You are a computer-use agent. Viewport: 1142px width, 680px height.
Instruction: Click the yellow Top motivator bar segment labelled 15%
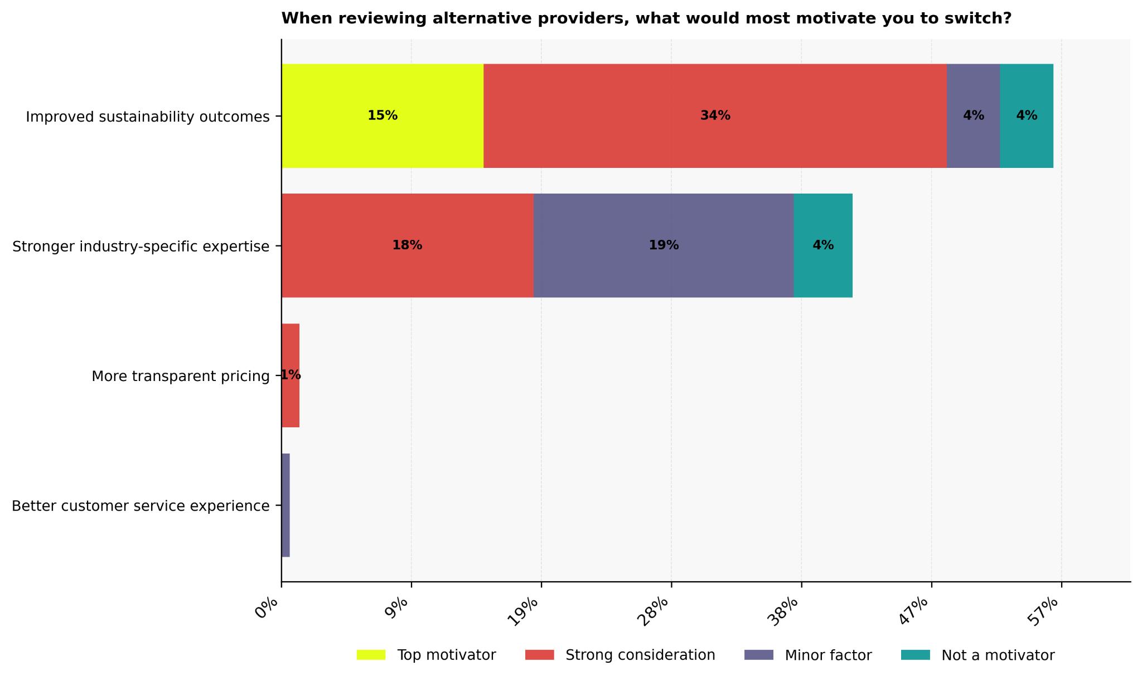383,115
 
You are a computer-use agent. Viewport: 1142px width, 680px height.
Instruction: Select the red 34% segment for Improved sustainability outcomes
715,115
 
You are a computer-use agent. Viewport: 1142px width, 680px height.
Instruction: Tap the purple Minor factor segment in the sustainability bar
973,115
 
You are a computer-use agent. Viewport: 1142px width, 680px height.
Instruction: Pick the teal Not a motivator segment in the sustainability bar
1027,115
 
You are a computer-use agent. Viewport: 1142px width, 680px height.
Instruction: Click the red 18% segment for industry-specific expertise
407,245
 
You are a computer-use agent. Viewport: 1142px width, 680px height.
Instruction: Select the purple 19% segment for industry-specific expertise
664,245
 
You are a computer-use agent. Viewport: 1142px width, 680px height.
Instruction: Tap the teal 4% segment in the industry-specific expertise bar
823,245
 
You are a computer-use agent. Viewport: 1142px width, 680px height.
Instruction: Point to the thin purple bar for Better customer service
285,505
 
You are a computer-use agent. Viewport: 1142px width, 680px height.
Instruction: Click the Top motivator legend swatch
371,655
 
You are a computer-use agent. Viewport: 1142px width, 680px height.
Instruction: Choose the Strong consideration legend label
640,655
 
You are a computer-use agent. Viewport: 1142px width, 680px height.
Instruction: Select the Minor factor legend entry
828,655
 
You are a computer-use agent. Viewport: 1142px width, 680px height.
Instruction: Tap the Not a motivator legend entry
998,655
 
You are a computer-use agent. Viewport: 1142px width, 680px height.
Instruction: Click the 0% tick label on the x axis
267,608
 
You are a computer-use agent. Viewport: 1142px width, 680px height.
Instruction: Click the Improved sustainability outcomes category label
148,117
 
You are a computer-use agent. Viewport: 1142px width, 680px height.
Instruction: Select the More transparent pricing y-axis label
181,376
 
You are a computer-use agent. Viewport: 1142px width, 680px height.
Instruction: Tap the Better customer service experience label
141,506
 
